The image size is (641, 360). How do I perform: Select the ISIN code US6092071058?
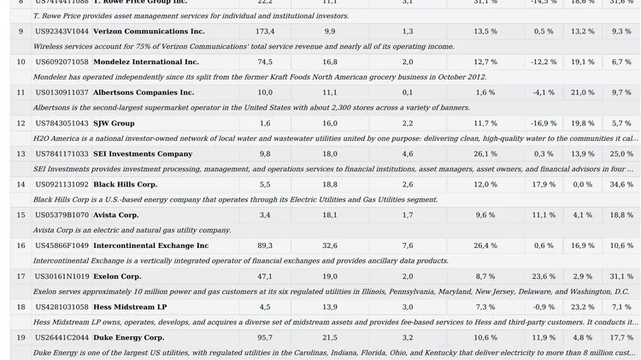[x=62, y=62]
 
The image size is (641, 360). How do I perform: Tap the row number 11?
[x=21, y=92]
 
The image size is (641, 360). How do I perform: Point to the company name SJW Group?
[x=114, y=123]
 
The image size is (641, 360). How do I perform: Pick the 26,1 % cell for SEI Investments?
[x=485, y=154]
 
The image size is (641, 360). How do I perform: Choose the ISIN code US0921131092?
[x=62, y=185]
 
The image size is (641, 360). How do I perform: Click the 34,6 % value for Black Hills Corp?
[x=621, y=185]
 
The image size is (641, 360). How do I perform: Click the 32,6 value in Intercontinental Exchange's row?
[x=330, y=245]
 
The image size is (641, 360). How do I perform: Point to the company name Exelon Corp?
[x=117, y=277]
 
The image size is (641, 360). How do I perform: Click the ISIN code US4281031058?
[x=62, y=307]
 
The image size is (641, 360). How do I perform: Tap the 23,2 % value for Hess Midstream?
[x=582, y=307]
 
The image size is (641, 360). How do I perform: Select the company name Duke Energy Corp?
[x=128, y=338]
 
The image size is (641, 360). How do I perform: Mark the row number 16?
[x=21, y=245]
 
